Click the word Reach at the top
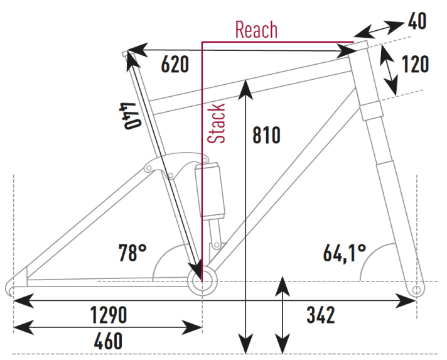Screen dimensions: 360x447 (256, 29)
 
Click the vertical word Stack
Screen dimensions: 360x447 (217, 124)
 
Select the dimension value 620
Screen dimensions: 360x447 (175, 64)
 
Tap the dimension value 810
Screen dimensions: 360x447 (266, 135)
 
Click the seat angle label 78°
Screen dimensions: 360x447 (132, 253)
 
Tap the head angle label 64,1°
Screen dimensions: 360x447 (345, 253)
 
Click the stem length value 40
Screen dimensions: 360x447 (417, 21)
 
